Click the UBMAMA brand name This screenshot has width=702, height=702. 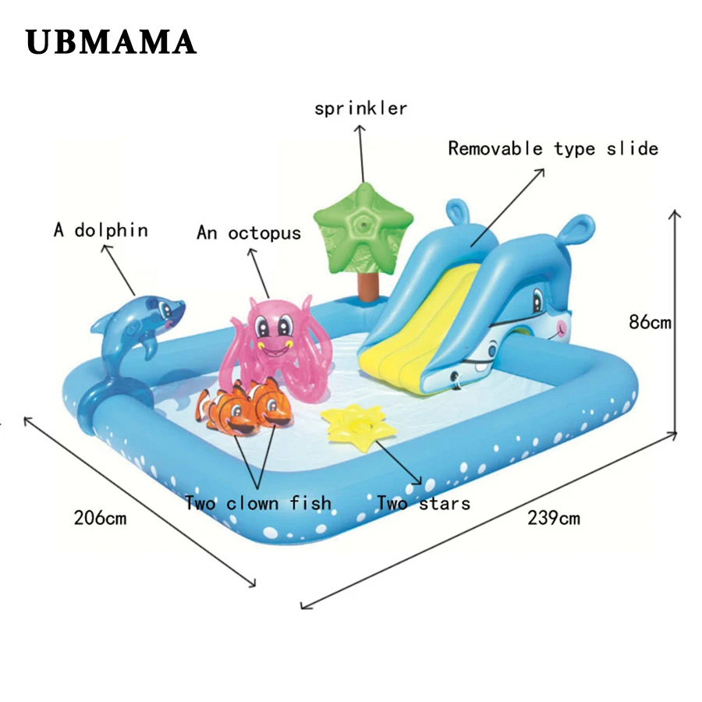tap(111, 42)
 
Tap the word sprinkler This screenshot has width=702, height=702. tap(360, 108)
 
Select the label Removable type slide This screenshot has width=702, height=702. tap(553, 148)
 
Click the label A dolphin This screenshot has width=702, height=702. tap(101, 230)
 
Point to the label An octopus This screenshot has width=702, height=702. tap(249, 232)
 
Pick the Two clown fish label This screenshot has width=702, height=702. tap(258, 503)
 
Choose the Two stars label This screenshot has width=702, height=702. tap(424, 503)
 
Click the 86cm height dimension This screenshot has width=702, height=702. tap(650, 321)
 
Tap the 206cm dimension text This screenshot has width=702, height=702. tap(100, 516)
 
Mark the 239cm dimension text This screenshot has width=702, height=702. tap(554, 516)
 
